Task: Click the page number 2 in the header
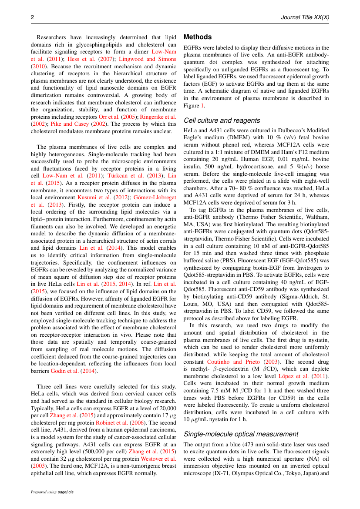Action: click(32, 17)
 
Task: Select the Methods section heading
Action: click(198, 37)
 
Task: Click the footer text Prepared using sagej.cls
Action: click(52, 492)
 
